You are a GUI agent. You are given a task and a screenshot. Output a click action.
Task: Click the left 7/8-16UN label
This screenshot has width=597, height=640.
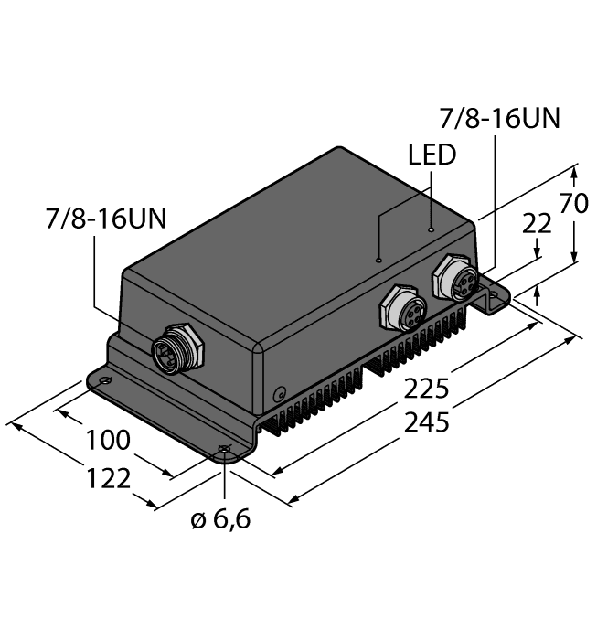click(x=107, y=219)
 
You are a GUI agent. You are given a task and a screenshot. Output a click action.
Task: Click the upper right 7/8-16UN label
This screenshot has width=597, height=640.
click(x=499, y=119)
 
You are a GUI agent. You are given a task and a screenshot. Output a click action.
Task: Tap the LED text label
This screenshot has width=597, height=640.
click(x=432, y=155)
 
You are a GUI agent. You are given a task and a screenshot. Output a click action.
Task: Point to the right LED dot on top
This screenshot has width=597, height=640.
click(x=432, y=229)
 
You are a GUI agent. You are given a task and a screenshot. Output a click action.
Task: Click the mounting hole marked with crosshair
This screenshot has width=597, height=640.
click(x=225, y=448)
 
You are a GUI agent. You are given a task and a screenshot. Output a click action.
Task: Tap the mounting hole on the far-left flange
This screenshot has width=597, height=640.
click(x=106, y=381)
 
